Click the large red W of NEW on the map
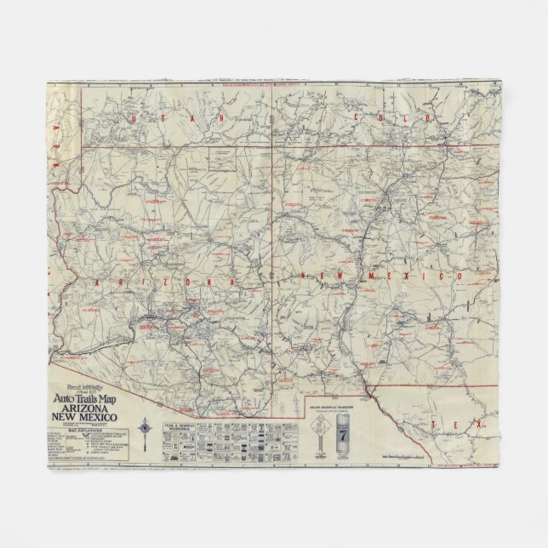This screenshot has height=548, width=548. [340, 277]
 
